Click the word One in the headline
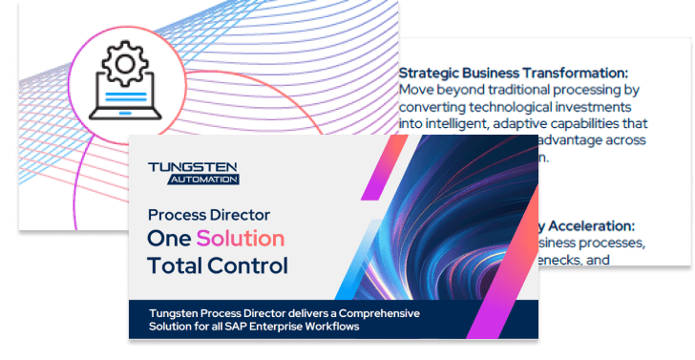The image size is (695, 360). coord(168,237)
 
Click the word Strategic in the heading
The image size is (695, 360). coord(429,73)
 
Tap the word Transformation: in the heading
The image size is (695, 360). coord(576,73)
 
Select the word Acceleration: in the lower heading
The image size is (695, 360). coord(592,225)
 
